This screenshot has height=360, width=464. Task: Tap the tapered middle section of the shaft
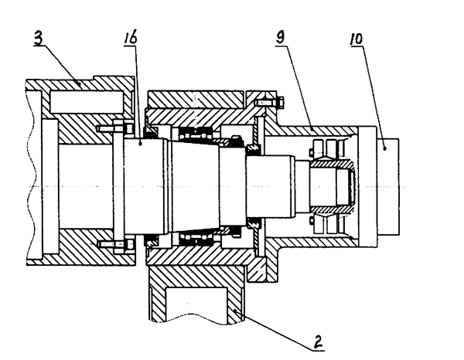[193, 185]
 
